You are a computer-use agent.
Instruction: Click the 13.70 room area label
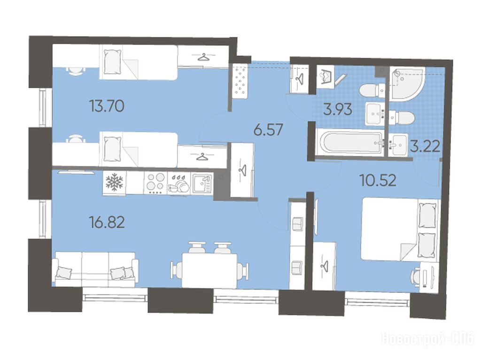tap(107, 107)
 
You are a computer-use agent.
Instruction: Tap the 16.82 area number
tap(107, 222)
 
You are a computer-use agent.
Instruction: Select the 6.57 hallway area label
tap(268, 130)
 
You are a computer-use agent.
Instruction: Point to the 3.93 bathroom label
tap(337, 109)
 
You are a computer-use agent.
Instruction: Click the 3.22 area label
tap(425, 147)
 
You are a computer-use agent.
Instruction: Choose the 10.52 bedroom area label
tap(378, 180)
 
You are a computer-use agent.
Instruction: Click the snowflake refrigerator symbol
tap(114, 182)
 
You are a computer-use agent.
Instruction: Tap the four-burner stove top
tap(155, 183)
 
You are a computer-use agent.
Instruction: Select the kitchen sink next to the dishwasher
tap(202, 183)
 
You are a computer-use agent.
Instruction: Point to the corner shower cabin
tap(407, 84)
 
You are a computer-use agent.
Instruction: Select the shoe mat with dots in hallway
tap(240, 81)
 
